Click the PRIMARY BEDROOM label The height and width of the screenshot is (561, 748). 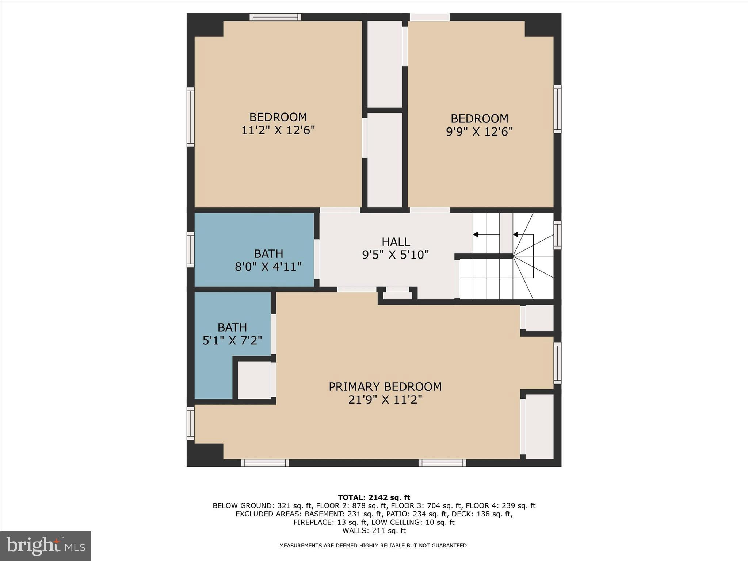click(x=385, y=387)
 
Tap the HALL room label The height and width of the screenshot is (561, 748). click(x=396, y=242)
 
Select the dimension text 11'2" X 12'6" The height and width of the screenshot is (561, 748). click(x=278, y=130)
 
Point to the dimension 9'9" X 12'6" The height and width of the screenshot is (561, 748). click(x=479, y=132)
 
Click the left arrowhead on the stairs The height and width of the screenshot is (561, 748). click(x=476, y=234)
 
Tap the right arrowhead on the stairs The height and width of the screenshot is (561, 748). click(x=516, y=234)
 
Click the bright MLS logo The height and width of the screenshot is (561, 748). click(x=46, y=546)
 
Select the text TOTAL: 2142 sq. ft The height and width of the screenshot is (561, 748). click(x=374, y=497)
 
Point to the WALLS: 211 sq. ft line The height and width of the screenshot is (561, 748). click(x=374, y=531)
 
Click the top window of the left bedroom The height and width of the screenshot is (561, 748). click(x=275, y=17)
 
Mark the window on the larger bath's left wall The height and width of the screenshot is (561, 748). click(x=190, y=249)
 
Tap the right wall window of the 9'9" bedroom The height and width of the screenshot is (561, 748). click(x=557, y=109)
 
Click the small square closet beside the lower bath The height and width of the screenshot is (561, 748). click(x=254, y=380)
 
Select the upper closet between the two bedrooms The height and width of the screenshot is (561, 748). click(x=385, y=64)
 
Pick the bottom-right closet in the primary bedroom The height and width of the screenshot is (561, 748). click(x=539, y=426)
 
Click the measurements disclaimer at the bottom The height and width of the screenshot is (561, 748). click(x=374, y=546)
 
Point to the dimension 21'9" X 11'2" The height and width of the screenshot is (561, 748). click(x=385, y=400)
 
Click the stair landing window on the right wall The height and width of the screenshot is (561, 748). click(x=557, y=235)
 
